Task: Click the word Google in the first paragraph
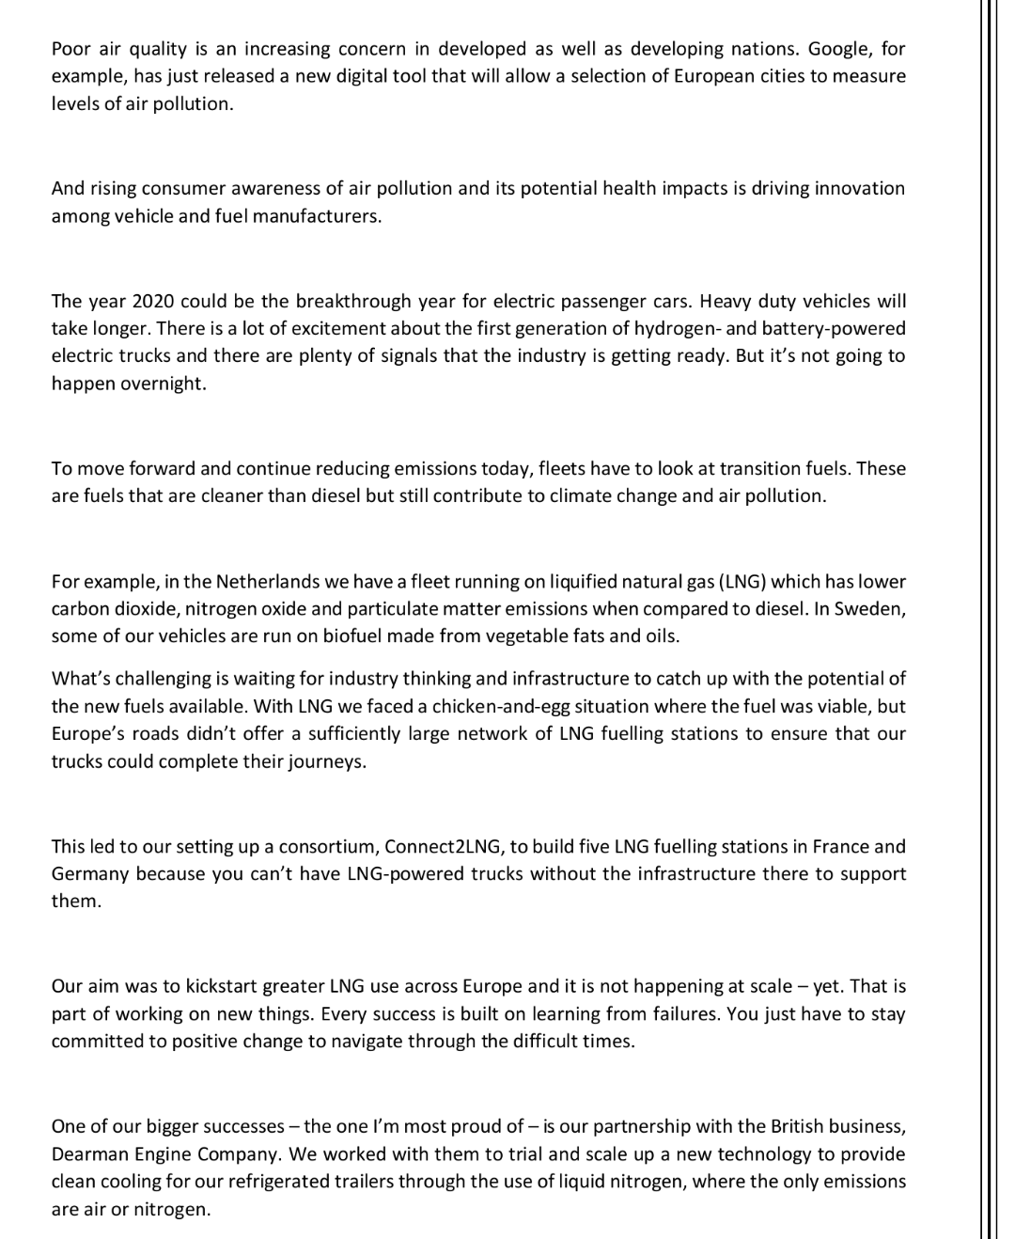[x=838, y=49]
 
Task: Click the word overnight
[x=163, y=384]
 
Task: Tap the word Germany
[x=89, y=874]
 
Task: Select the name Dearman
[x=90, y=1154]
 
